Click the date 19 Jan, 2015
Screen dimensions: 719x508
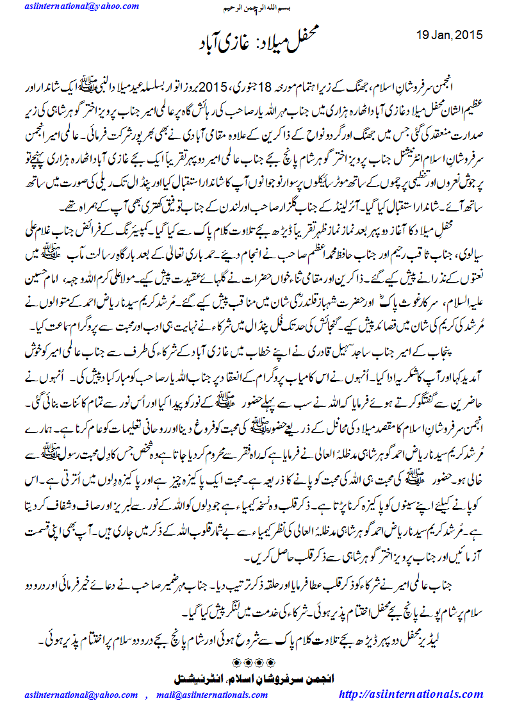pyautogui.click(x=449, y=35)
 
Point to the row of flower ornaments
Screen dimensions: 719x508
pyautogui.click(x=255, y=662)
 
